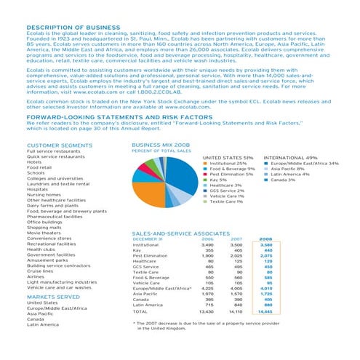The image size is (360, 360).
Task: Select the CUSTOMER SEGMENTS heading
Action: [x=49, y=143]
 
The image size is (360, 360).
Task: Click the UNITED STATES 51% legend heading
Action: [x=227, y=156]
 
